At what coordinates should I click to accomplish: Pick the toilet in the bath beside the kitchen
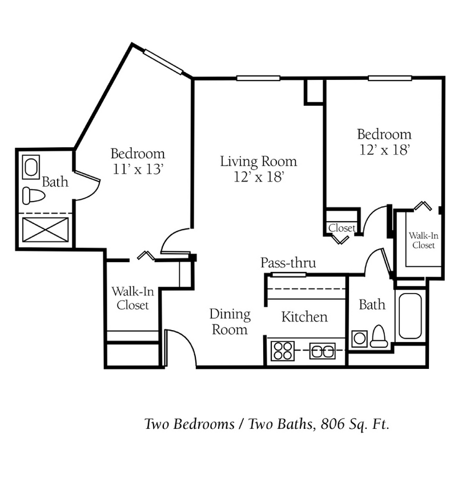click(x=379, y=336)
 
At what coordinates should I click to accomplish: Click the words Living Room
click(x=258, y=162)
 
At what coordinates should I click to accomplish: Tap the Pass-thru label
click(x=288, y=263)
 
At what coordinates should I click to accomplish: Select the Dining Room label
click(x=230, y=322)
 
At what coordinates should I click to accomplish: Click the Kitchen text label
click(x=304, y=317)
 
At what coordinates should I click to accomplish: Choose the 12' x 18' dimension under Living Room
click(x=259, y=177)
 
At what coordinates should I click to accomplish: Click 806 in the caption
click(x=333, y=424)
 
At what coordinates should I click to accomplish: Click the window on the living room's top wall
click(x=258, y=78)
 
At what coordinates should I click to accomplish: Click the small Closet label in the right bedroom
click(x=342, y=228)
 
